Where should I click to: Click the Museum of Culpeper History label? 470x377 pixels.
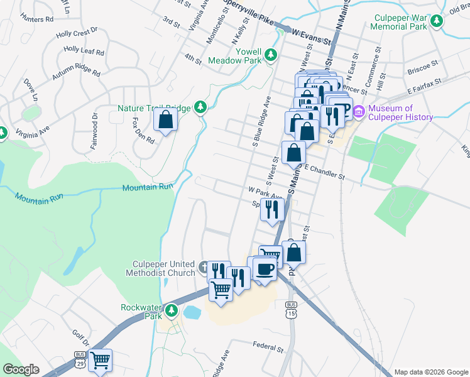point(401,112)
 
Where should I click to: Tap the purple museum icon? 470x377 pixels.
point(359,112)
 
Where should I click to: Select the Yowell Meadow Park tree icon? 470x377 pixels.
point(271,55)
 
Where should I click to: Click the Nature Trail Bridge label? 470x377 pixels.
point(154,108)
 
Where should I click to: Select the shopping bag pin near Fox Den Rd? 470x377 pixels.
point(165,120)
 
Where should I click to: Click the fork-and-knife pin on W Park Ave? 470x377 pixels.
point(272,209)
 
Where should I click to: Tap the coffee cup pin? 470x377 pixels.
point(265,268)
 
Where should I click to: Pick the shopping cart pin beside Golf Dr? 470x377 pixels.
point(100,361)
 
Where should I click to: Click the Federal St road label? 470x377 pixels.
point(269,345)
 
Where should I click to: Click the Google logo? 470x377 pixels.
point(21,369)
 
